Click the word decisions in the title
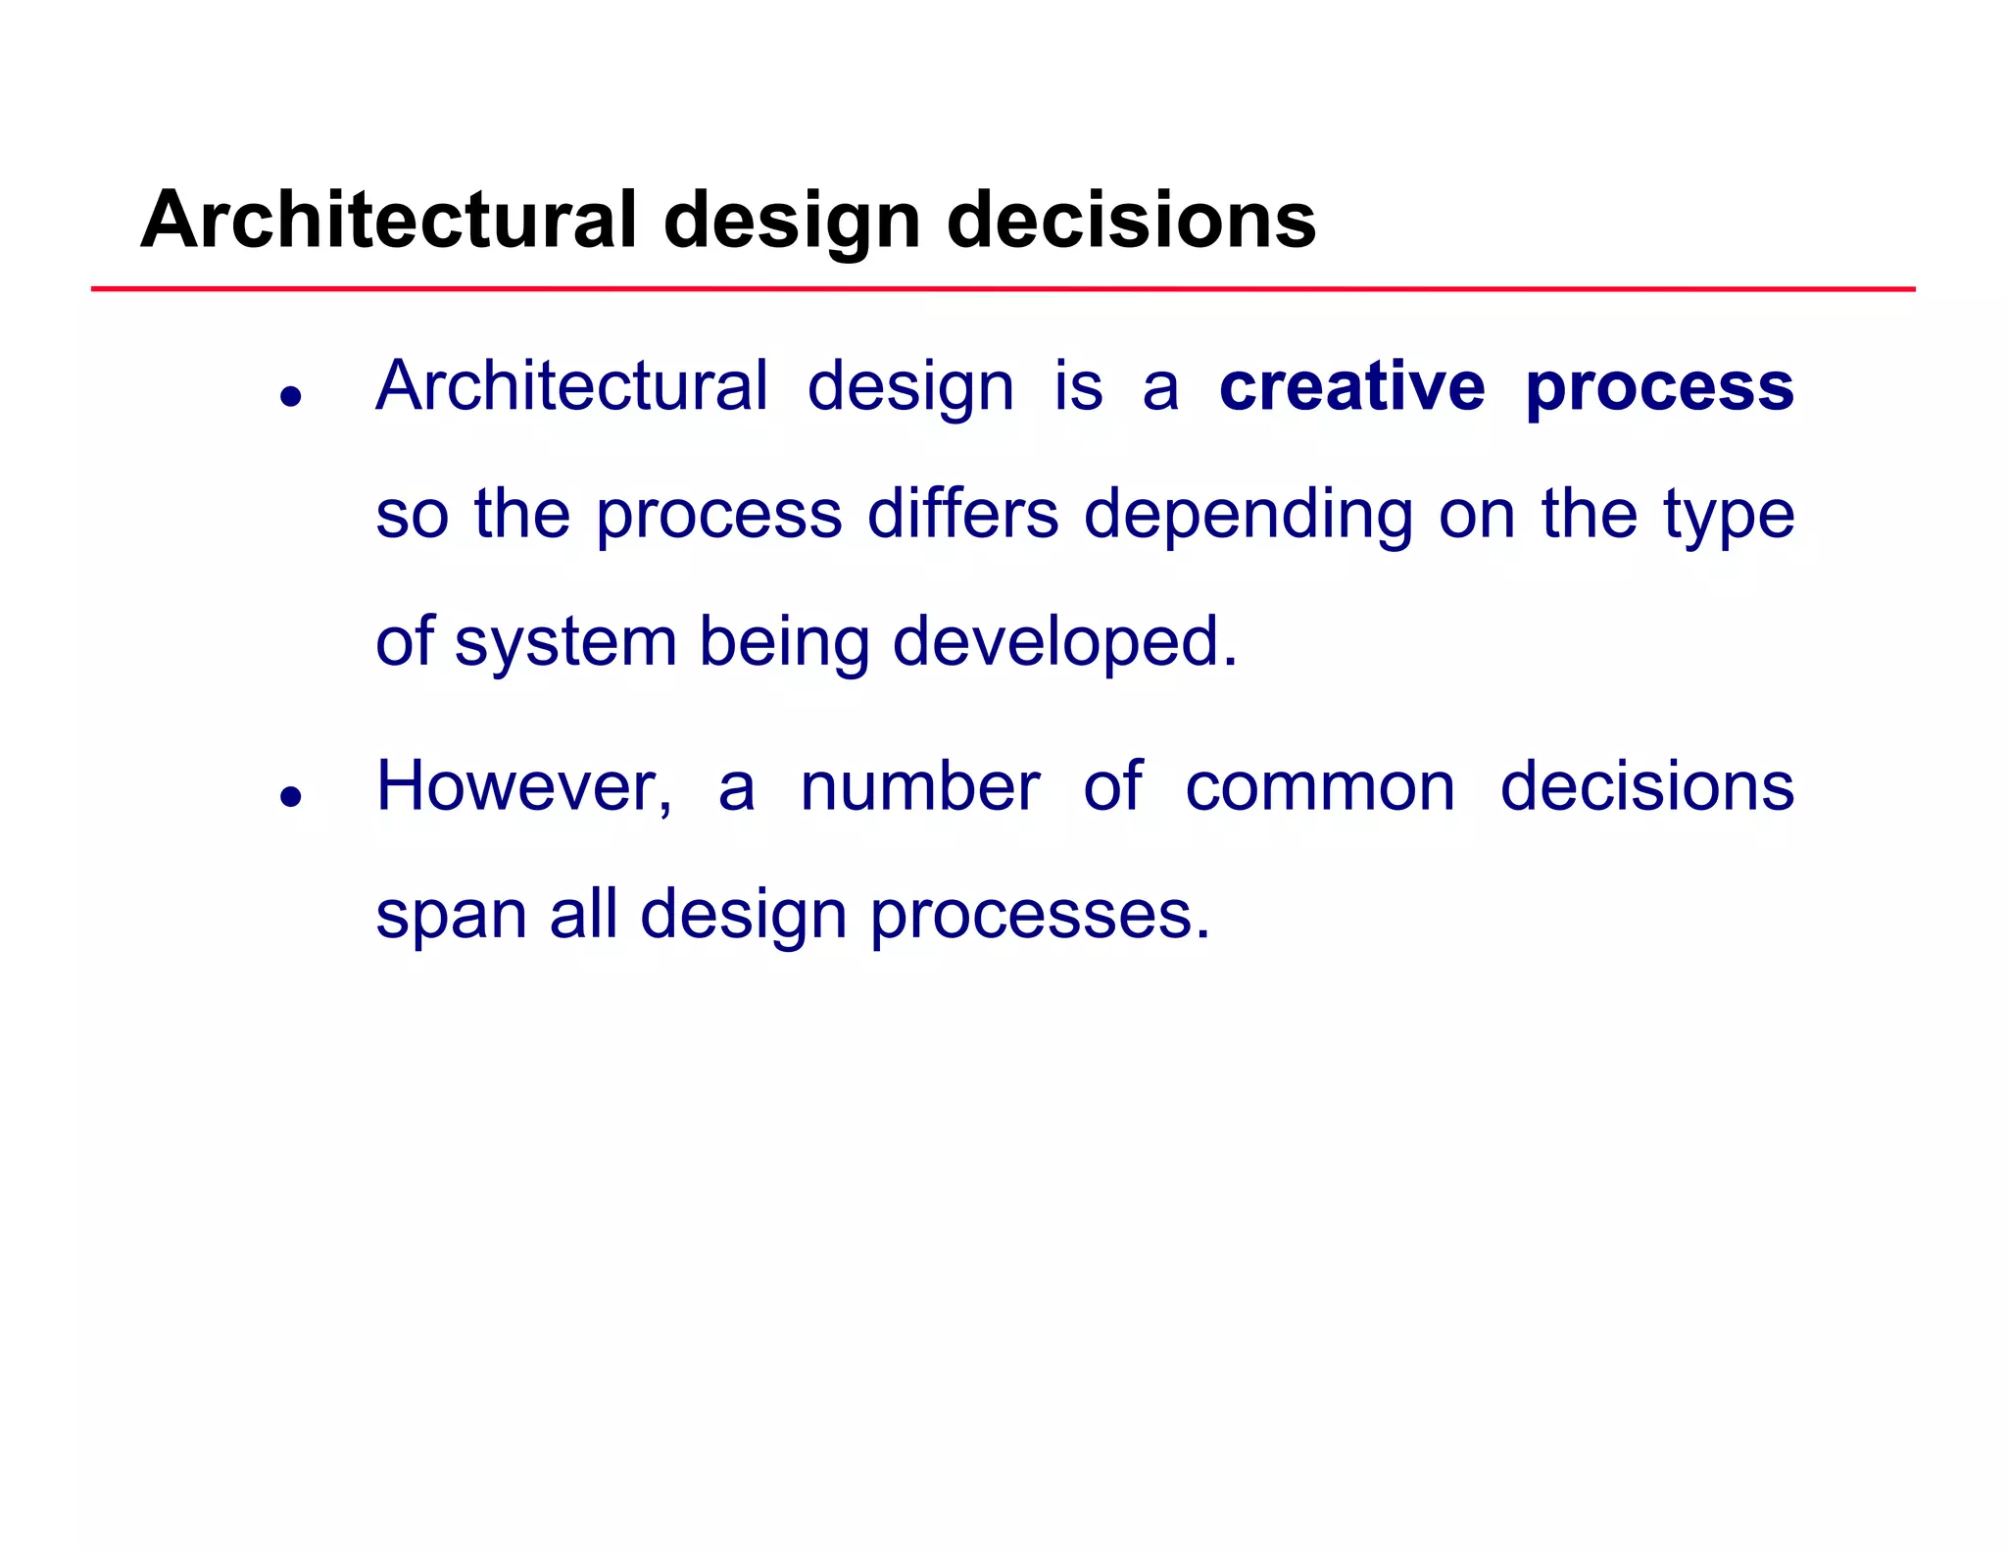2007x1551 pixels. pos(1131,220)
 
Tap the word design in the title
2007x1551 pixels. pos(792,222)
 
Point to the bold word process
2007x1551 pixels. pos(1659,388)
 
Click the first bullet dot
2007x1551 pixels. pos(290,397)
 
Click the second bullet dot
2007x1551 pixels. pos(290,796)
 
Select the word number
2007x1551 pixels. pos(919,786)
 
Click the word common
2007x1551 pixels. pos(1320,788)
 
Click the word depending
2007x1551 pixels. pos(1248,516)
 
